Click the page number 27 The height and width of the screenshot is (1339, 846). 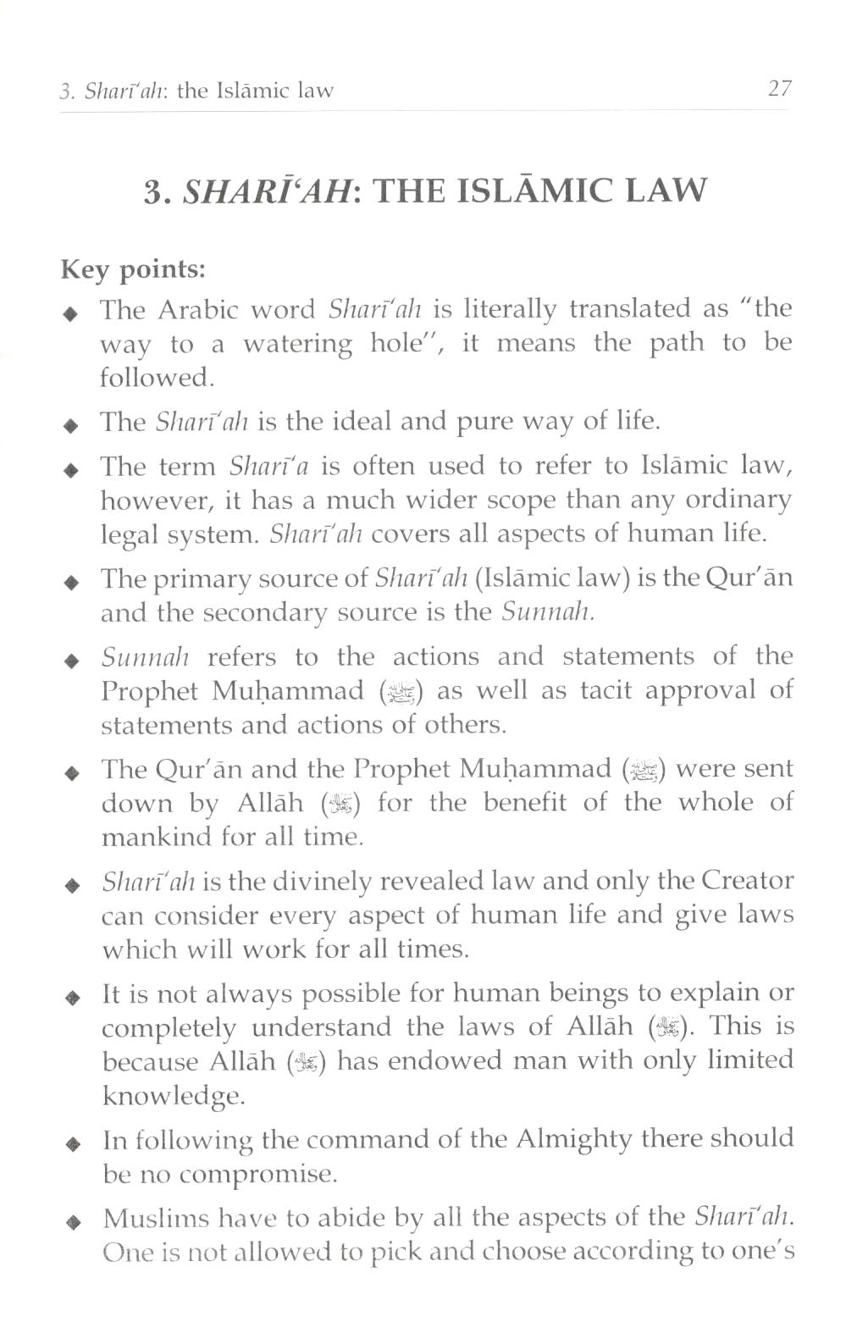coord(778,88)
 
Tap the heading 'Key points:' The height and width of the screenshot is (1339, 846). coord(133,269)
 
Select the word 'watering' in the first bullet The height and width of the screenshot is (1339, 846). coord(297,344)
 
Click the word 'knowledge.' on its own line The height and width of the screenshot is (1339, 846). coord(173,1096)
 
